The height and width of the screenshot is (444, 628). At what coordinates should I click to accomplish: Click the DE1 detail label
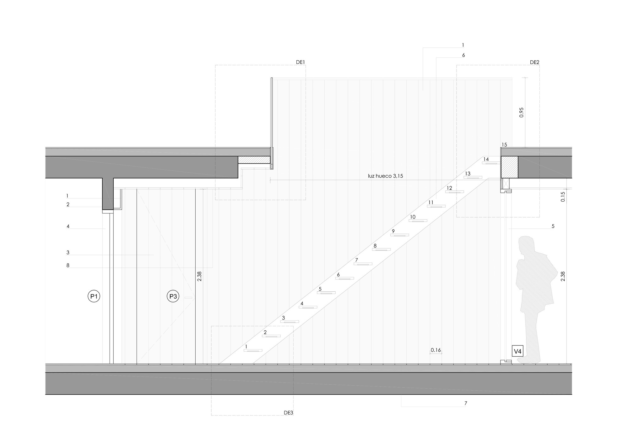(x=300, y=62)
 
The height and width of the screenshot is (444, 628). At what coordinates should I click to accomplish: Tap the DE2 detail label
(x=534, y=62)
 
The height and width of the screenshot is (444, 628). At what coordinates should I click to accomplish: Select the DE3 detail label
(x=288, y=413)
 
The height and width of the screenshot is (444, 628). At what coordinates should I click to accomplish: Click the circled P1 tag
(x=94, y=296)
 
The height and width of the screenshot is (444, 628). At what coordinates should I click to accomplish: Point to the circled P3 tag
(x=173, y=296)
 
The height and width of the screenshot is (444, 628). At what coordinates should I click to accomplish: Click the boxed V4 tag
(x=517, y=351)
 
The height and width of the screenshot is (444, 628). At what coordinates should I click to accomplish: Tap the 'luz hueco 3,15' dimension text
(x=385, y=176)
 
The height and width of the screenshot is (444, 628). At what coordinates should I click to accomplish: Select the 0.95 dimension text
(x=522, y=112)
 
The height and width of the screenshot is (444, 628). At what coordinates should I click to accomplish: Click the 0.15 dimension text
(x=563, y=197)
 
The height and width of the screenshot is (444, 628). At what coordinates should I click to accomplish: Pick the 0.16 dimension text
(x=436, y=350)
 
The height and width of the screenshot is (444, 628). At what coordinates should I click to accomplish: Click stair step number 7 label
(x=356, y=260)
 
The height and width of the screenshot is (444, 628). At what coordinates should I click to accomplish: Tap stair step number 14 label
(x=486, y=159)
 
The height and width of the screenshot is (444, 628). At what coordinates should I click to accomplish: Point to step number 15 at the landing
(x=504, y=145)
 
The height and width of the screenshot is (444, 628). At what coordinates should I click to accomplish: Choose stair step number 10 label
(x=413, y=217)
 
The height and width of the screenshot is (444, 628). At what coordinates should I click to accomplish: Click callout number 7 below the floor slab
(x=466, y=403)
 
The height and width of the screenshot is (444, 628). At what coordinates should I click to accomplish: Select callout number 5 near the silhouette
(x=553, y=226)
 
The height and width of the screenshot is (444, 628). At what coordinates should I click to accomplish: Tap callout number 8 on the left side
(x=68, y=265)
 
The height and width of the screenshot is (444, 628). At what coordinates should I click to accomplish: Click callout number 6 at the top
(x=463, y=55)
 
